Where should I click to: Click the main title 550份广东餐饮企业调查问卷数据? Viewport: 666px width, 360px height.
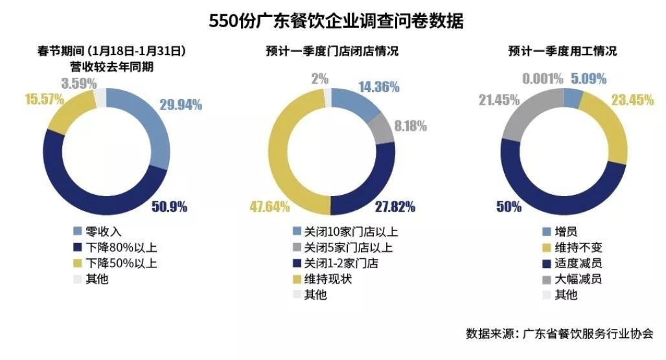[336, 21]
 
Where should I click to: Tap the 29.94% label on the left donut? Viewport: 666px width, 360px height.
[179, 104]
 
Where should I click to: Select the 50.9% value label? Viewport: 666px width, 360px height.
[169, 207]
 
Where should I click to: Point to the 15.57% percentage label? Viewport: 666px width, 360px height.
[45, 99]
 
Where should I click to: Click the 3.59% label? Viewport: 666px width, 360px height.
[79, 83]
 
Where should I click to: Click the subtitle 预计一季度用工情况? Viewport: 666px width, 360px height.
[562, 51]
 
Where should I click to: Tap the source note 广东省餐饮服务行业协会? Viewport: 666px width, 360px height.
[588, 334]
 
